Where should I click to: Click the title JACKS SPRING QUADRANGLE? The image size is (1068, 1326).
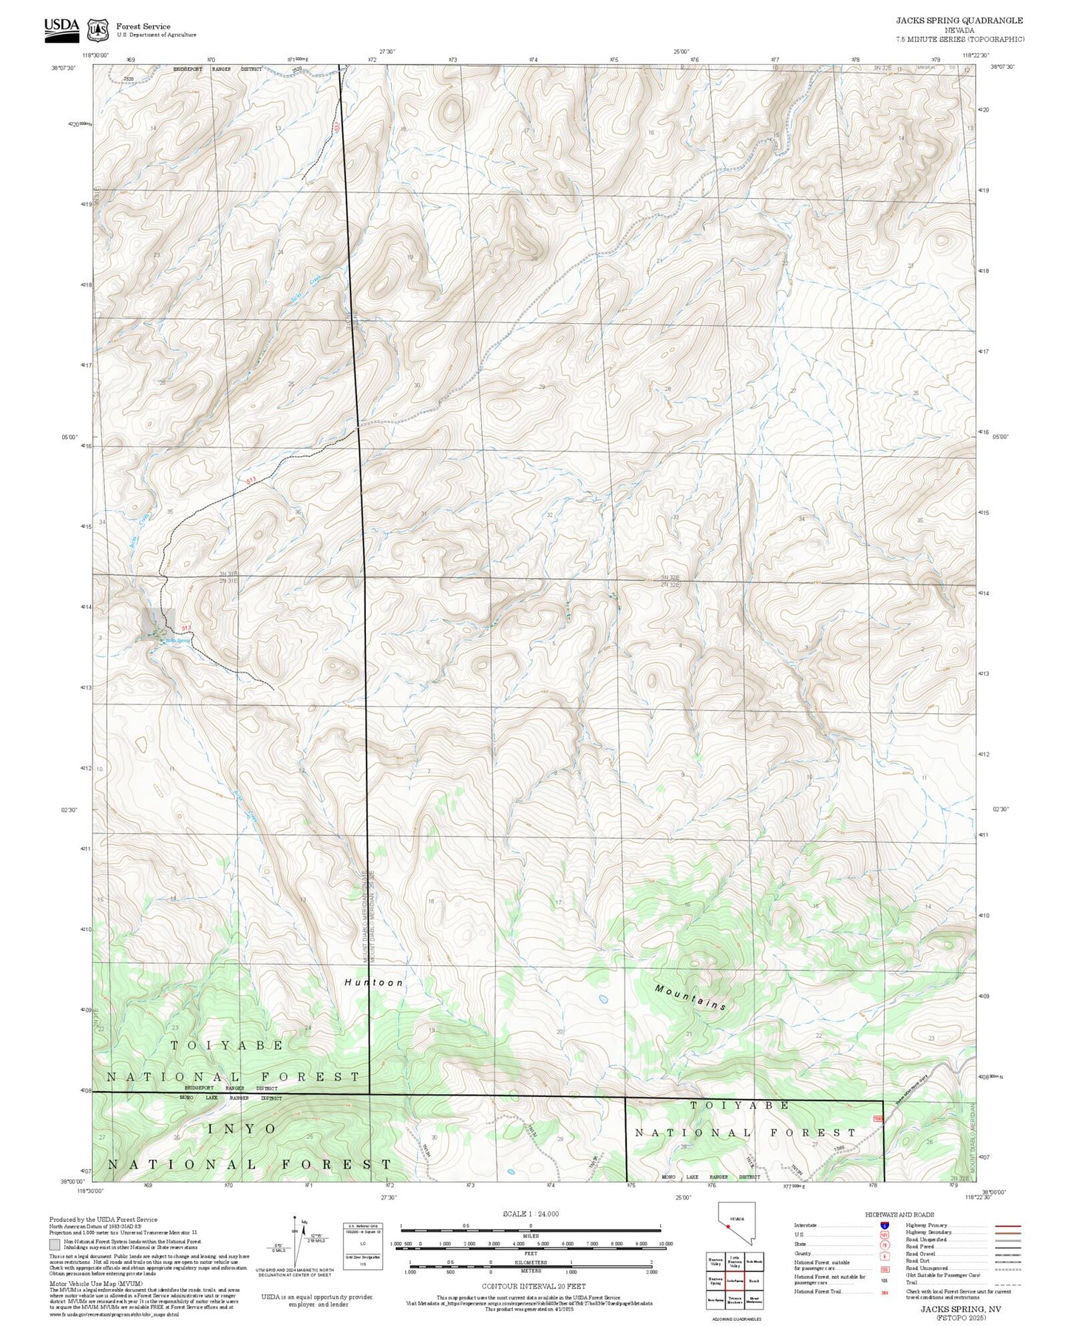[959, 21]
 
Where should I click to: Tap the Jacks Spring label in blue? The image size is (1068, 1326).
[178, 640]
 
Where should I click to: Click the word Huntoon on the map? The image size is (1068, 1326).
[374, 982]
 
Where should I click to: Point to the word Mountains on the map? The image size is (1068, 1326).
[690, 996]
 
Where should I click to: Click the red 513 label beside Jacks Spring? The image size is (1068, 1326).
[186, 628]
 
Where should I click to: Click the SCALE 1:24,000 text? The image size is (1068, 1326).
[530, 1214]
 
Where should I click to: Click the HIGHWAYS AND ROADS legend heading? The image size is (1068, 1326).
[899, 1214]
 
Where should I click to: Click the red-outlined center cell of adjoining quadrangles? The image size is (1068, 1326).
[733, 1280]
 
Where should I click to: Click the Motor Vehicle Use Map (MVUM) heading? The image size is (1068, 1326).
[95, 1284]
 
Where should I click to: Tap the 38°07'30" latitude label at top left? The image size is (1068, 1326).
[64, 67]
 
